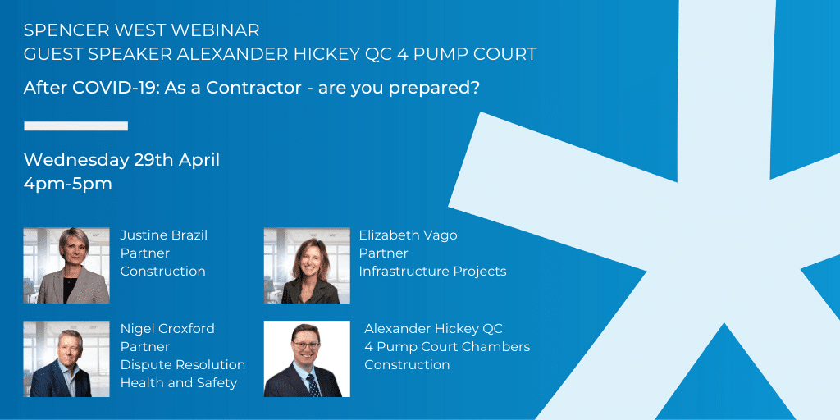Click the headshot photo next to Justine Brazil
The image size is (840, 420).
pyautogui.click(x=66, y=266)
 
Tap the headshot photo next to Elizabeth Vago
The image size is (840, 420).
pyautogui.click(x=307, y=266)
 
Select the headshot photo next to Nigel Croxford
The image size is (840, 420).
pyautogui.click(x=66, y=359)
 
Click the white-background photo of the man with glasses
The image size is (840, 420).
pyautogui.click(x=307, y=359)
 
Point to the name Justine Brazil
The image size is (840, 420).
pyautogui.click(x=164, y=235)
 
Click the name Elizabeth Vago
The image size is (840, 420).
pyautogui.click(x=409, y=235)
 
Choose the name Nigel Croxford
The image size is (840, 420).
pyautogui.click(x=167, y=328)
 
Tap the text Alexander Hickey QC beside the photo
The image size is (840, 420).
pyautogui.click(x=433, y=328)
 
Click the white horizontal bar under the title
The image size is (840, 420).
pyautogui.click(x=76, y=126)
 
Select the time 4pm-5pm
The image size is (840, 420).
pyautogui.click(x=68, y=185)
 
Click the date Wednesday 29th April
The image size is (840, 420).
pyautogui.click(x=121, y=160)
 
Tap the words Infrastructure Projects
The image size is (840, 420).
pyautogui.click(x=433, y=272)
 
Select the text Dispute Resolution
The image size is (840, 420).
pyautogui.click(x=183, y=365)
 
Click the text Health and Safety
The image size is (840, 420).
pyautogui.click(x=179, y=383)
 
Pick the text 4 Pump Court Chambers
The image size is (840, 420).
pyautogui.click(x=447, y=347)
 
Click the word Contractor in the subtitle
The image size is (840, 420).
pyautogui.click(x=254, y=88)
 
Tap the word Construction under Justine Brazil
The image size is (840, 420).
pyautogui.click(x=163, y=272)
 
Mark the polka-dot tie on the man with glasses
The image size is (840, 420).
pyautogui.click(x=312, y=386)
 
